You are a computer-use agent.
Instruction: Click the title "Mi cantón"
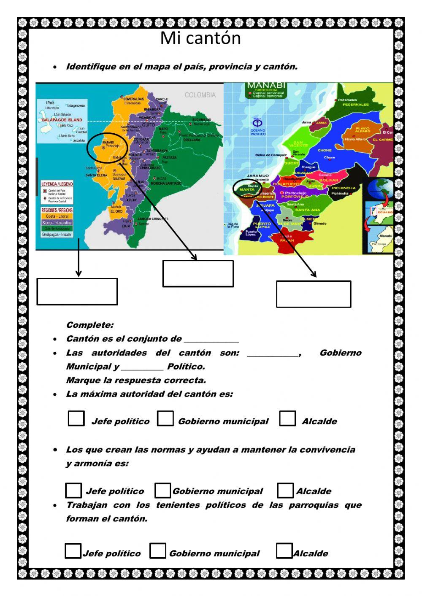(200, 38)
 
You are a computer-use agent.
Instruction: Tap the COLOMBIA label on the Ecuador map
(200, 95)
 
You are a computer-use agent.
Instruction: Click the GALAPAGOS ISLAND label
(62, 120)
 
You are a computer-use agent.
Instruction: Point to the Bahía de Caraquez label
(271, 155)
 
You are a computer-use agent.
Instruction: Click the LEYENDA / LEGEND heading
(57, 184)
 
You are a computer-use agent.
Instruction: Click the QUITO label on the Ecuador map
(148, 125)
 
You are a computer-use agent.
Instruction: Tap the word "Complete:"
(90, 325)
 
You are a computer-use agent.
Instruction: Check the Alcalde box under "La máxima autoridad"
(287, 418)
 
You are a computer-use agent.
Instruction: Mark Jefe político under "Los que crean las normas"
(73, 490)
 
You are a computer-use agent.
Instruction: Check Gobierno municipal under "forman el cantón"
(158, 550)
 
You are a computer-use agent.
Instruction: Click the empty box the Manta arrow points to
(314, 294)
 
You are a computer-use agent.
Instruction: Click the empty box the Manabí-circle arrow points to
(198, 273)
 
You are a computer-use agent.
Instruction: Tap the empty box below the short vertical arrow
(77, 291)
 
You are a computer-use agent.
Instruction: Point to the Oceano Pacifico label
(258, 132)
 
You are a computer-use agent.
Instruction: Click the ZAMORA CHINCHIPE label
(153, 219)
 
